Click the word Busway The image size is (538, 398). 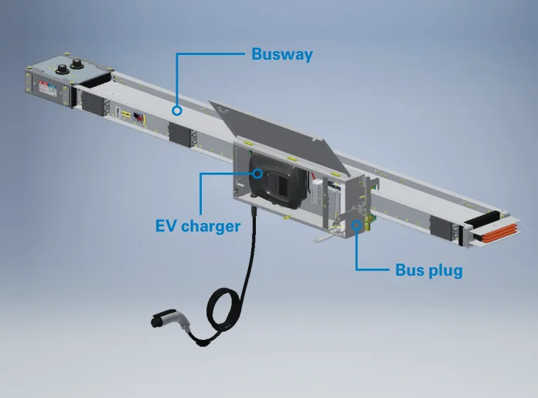pos(281,55)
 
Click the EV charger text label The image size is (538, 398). pos(196,227)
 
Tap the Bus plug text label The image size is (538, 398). pos(428,270)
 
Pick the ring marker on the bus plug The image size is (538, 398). pos(356,225)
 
